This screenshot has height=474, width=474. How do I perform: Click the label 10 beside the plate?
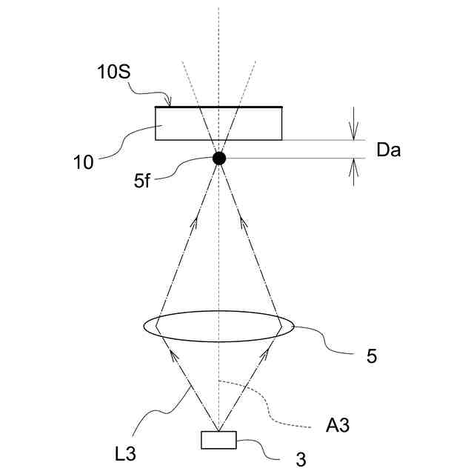(84, 163)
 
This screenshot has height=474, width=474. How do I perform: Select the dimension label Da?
(388, 150)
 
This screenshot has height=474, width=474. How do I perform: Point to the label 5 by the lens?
(372, 355)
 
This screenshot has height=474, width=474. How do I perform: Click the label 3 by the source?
(301, 460)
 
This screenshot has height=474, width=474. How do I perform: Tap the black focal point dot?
(218, 158)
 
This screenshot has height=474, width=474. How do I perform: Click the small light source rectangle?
(218, 440)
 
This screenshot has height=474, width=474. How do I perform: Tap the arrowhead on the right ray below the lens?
(262, 359)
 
